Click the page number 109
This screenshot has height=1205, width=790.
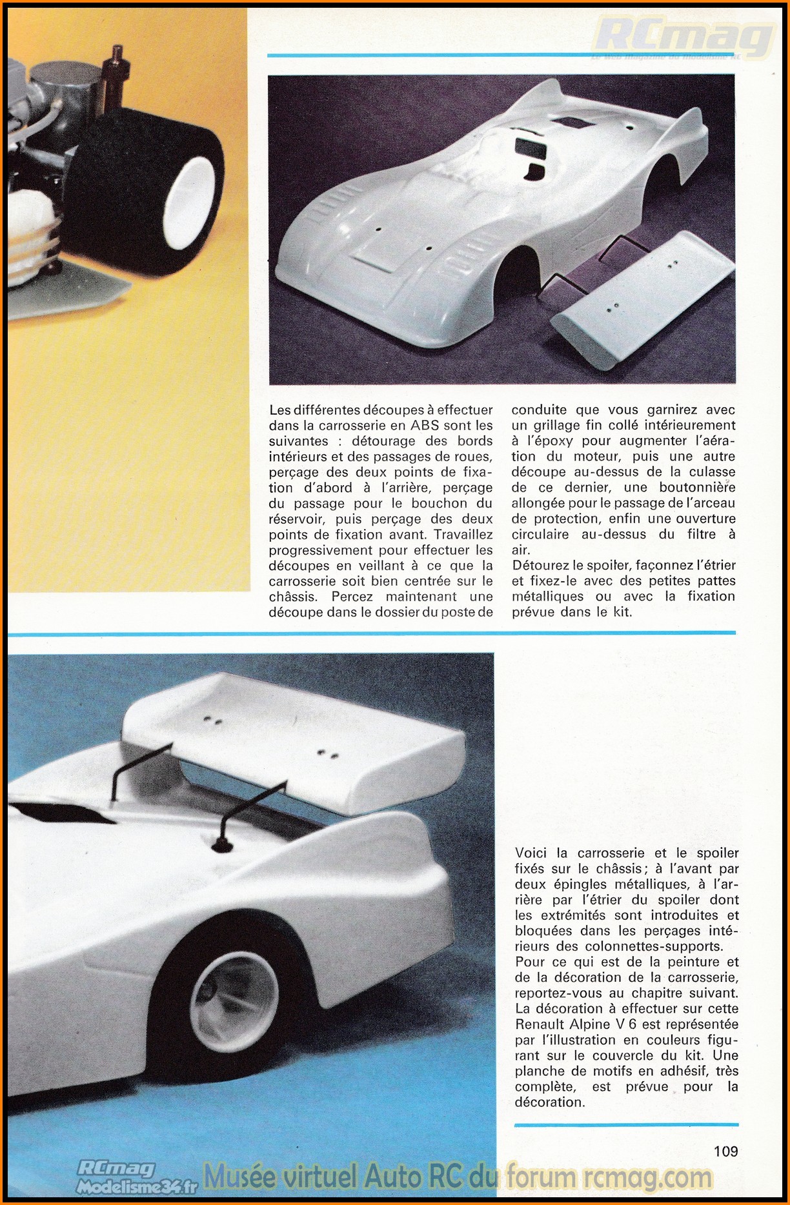coord(725,1150)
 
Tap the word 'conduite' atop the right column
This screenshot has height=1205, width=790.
coord(539,410)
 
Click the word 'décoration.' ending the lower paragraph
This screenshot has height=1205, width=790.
coord(550,1102)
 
